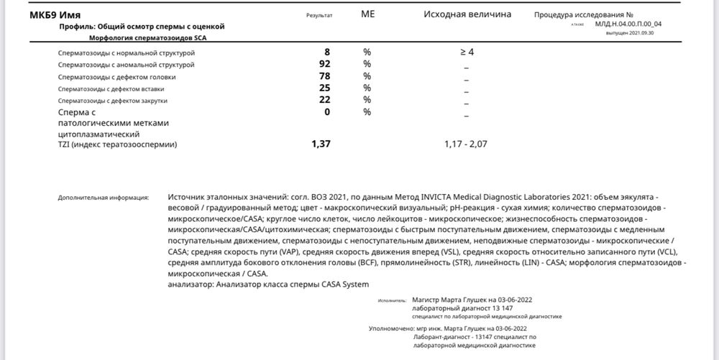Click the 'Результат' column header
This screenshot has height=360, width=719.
(x=319, y=15)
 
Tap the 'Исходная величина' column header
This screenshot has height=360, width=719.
(x=467, y=14)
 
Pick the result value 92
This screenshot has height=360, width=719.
(x=324, y=65)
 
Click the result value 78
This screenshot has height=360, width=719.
(x=324, y=76)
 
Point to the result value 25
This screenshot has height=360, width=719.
(x=324, y=88)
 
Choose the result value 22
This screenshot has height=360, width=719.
(x=324, y=99)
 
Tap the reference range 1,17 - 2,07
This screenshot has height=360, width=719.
(x=467, y=144)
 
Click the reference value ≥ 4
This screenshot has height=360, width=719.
(x=467, y=52)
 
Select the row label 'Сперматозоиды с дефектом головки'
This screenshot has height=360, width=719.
(x=116, y=77)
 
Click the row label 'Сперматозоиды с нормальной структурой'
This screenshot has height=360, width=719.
(x=127, y=53)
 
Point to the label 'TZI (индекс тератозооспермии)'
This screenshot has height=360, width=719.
(x=117, y=145)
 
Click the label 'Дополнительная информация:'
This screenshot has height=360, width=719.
(x=104, y=197)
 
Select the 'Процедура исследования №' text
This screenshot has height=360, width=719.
(x=583, y=14)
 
